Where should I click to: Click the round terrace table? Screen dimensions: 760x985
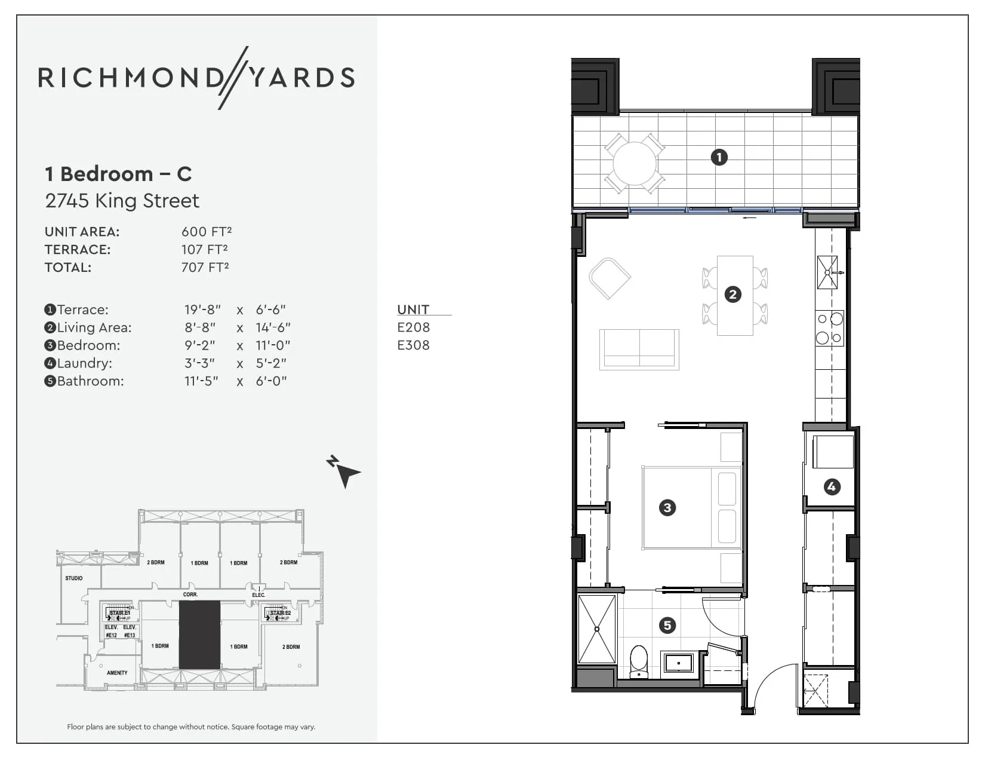634,163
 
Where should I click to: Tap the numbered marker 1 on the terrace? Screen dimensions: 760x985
719,157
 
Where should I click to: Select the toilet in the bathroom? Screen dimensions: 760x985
639,661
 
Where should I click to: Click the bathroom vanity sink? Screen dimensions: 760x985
679,663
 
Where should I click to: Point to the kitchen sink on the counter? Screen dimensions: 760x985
827,272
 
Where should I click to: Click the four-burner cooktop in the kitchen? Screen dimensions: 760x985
829,328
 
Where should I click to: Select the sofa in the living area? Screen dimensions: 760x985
639,349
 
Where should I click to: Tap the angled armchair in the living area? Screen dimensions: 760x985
610,278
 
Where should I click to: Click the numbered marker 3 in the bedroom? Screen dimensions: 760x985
667,508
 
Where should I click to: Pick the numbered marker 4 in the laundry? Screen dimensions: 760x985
832,486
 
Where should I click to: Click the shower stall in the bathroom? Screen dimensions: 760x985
597,629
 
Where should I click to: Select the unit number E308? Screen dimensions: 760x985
413,345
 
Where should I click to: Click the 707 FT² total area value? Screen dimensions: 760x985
205,268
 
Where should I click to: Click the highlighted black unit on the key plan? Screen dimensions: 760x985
199,635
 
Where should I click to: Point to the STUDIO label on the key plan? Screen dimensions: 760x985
74,578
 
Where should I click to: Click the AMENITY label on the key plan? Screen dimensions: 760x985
117,673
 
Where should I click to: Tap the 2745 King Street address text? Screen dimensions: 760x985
122,201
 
